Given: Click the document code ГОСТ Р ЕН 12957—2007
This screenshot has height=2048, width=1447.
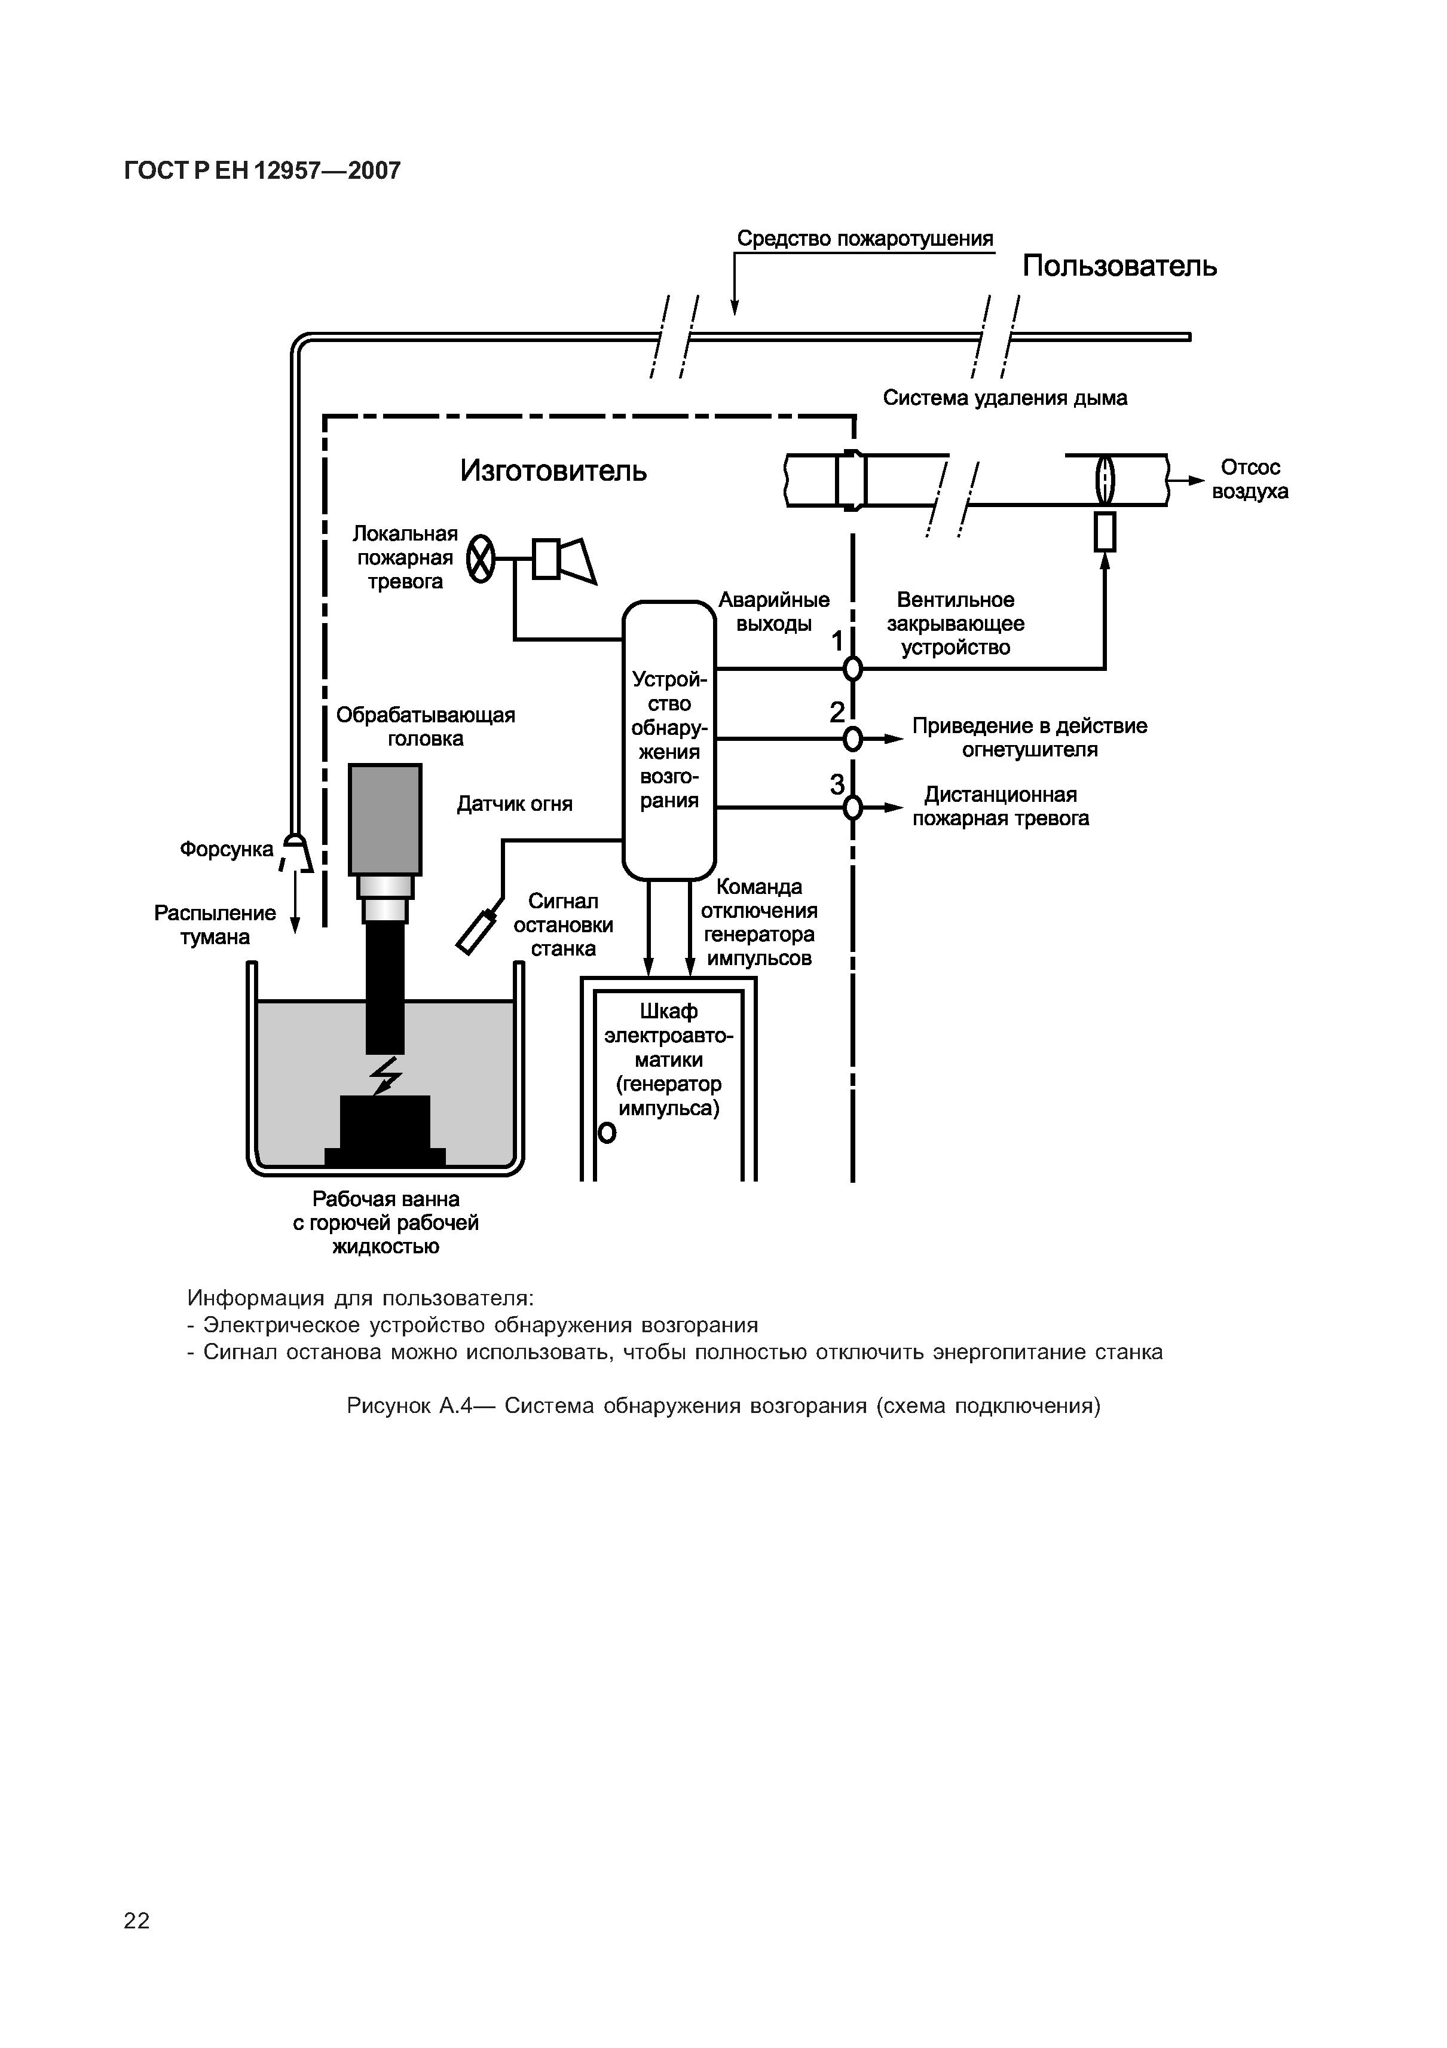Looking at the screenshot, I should coord(262,170).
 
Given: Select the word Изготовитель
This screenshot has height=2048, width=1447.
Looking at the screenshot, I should coord(553,470).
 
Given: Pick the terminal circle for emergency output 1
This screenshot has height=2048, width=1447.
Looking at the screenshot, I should coord(853,668).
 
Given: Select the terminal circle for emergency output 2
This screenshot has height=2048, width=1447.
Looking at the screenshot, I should coord(853,738).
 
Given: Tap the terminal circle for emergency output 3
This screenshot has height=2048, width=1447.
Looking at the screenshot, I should coord(853,807).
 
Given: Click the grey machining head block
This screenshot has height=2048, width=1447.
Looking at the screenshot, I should coord(385,819).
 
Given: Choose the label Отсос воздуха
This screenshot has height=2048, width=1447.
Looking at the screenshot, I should coord(1249,479).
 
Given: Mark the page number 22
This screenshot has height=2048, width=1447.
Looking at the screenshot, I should coord(136,1921).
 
